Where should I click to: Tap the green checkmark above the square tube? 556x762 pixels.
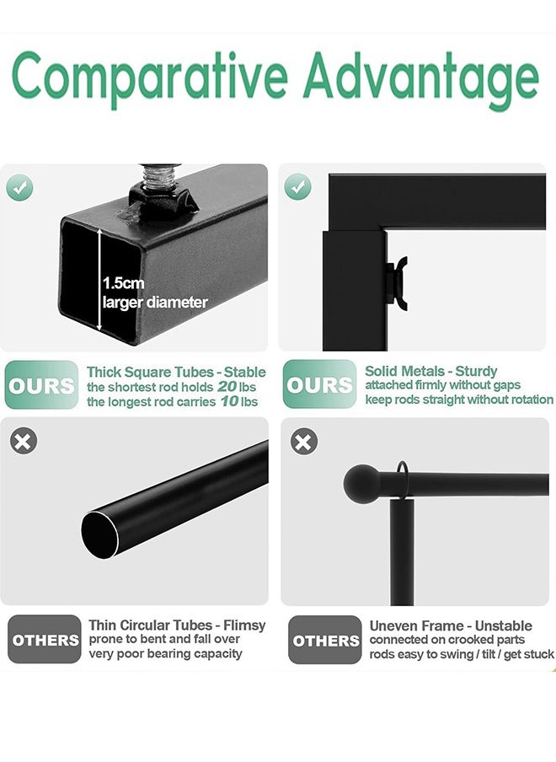(x=19, y=188)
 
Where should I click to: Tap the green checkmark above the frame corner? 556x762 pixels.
(x=297, y=186)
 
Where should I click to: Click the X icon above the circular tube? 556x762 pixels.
(x=24, y=441)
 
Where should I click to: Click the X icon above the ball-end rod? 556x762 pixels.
(x=303, y=441)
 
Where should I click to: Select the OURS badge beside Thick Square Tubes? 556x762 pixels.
(x=41, y=385)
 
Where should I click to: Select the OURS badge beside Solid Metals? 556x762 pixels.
(x=319, y=384)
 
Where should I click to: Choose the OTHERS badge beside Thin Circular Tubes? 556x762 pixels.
(x=45, y=639)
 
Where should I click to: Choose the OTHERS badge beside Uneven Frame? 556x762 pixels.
(x=325, y=640)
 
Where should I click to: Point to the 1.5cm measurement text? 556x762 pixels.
(x=123, y=283)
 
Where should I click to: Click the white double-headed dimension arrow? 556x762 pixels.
(x=99, y=280)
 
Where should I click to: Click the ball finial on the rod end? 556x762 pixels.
(x=361, y=484)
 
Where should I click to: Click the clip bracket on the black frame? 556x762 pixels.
(x=398, y=284)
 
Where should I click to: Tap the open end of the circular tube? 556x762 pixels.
(x=100, y=534)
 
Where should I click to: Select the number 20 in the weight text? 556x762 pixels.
(x=227, y=387)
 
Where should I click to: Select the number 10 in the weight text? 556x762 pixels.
(x=229, y=401)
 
